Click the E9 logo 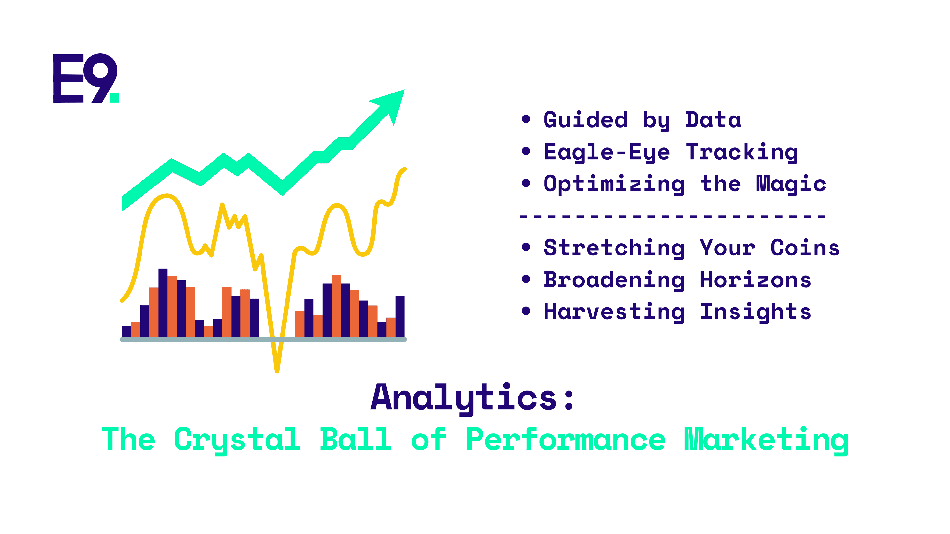click(x=86, y=78)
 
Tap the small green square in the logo click(x=115, y=98)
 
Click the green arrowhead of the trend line click(x=390, y=105)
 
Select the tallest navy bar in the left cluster click(x=163, y=303)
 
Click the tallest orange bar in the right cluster click(x=336, y=306)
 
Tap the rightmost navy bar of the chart click(x=400, y=316)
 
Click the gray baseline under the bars click(x=263, y=339)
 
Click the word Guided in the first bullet click(x=586, y=120)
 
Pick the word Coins click(x=805, y=248)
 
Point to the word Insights click(x=756, y=312)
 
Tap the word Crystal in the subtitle click(x=237, y=440)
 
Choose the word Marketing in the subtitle click(x=766, y=440)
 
